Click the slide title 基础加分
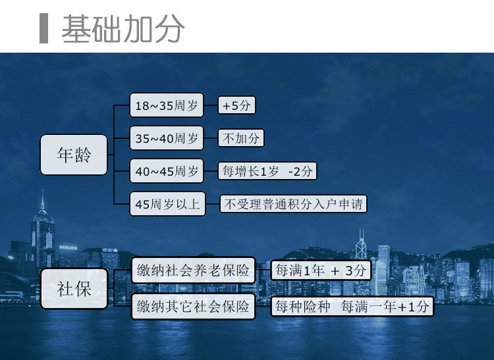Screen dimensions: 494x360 (x=123, y=29)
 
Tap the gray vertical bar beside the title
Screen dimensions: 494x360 (x=43, y=28)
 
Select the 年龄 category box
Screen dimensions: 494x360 (x=74, y=155)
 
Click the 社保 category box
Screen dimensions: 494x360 (x=74, y=288)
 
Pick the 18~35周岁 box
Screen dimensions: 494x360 (x=167, y=105)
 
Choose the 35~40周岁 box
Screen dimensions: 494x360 (x=167, y=138)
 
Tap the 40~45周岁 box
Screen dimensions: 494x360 (x=167, y=171)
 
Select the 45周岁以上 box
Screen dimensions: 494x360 (x=167, y=204)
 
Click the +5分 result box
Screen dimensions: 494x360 (x=236, y=105)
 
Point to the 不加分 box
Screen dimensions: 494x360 (x=241, y=138)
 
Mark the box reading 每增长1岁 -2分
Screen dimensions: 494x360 (x=267, y=171)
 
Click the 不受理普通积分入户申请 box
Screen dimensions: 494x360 (x=293, y=204)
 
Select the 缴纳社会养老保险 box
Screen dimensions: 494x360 (x=193, y=270)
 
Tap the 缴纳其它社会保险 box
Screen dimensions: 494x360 (x=193, y=307)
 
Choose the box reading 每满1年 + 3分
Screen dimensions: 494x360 (x=321, y=270)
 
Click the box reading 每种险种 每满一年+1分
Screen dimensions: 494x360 (x=352, y=307)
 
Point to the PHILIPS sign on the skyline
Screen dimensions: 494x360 (x=68, y=247)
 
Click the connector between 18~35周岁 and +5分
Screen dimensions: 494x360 (x=211, y=105)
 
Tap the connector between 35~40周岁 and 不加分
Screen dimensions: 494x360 (x=211, y=138)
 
